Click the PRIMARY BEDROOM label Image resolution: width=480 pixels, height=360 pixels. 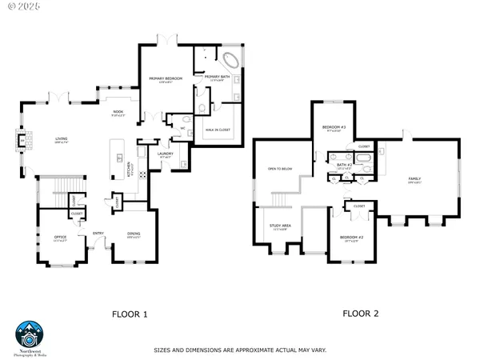click(x=166, y=78)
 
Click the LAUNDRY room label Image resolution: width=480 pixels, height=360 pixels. click(x=166, y=154)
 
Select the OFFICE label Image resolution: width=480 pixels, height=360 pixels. click(x=60, y=236)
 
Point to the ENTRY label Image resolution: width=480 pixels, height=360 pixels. click(x=98, y=234)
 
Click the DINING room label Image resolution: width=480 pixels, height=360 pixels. click(x=134, y=234)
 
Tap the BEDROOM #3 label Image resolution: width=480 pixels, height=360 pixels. click(x=333, y=128)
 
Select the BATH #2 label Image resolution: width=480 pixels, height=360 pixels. click(x=344, y=164)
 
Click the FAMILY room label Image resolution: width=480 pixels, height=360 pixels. click(x=415, y=179)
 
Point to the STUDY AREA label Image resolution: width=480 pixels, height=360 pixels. click(x=280, y=226)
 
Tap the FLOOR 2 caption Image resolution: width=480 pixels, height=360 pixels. click(x=361, y=314)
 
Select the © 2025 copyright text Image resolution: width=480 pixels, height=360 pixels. click(x=21, y=7)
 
